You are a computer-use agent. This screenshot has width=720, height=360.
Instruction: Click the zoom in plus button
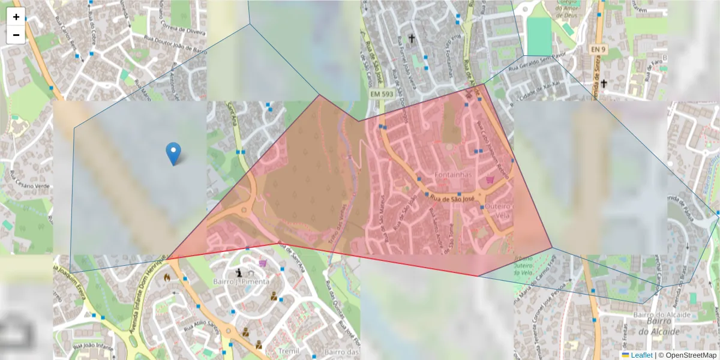(16, 17)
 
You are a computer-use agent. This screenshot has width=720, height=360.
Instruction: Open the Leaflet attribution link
(641, 355)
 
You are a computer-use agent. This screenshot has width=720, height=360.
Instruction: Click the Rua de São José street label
(453, 197)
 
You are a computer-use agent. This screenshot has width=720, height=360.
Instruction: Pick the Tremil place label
(289, 350)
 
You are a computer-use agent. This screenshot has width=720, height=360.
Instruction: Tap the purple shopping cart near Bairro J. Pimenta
(262, 263)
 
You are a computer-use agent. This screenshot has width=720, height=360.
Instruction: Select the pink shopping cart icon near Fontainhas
(490, 179)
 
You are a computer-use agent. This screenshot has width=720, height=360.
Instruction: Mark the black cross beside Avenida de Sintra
(604, 83)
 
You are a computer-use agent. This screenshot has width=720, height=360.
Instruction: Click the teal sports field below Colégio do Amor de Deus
(539, 36)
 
